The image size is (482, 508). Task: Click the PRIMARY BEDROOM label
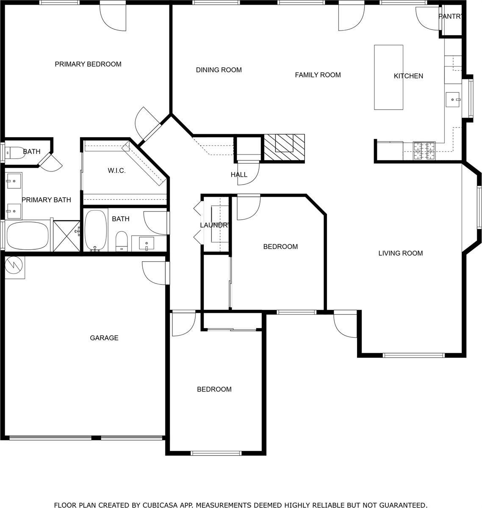click(x=88, y=64)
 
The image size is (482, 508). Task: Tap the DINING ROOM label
click(x=219, y=70)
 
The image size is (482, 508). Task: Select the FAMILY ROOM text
click(x=318, y=75)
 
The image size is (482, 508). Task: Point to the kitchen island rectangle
click(x=388, y=77)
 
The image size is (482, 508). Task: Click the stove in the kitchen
click(x=424, y=151)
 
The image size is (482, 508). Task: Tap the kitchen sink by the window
click(x=453, y=99)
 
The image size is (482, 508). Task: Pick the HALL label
click(x=239, y=175)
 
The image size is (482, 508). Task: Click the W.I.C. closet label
click(x=116, y=171)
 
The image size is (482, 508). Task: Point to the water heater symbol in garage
click(x=14, y=267)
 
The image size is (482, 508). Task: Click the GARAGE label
click(x=104, y=338)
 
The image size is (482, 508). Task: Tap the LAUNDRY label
click(x=215, y=225)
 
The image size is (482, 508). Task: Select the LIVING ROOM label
click(x=400, y=253)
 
